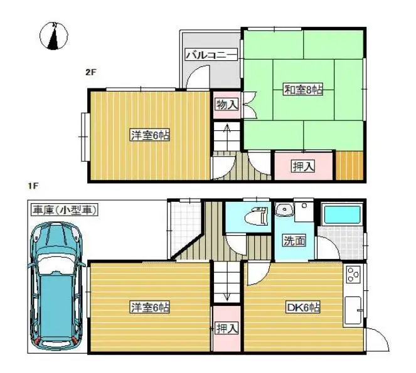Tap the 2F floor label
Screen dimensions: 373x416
[91, 71]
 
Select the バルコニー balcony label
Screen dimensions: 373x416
[211, 55]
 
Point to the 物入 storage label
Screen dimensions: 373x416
[227, 104]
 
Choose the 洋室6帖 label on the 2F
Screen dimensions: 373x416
[150, 135]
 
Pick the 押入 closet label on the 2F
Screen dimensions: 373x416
[302, 166]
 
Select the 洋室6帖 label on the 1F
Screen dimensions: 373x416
[150, 307]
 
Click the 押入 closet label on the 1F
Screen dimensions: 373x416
[227, 327]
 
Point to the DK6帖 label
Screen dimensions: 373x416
[304, 307]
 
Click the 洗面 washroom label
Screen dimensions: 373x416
[294, 240]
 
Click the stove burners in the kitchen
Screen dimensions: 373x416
[353, 274]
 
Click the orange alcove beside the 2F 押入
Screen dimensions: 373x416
[349, 166]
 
